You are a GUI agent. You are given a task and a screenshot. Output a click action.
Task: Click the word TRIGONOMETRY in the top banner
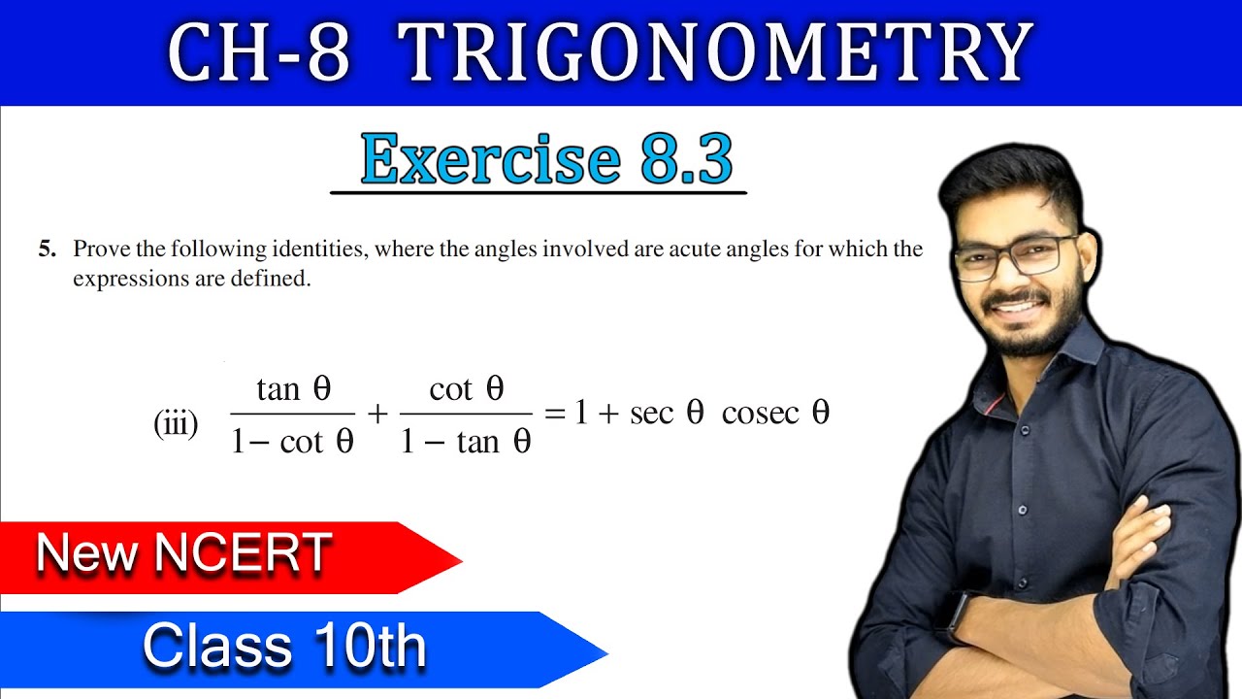pyautogui.click(x=716, y=52)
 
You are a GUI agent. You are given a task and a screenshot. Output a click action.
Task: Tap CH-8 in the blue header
pyautogui.click(x=259, y=52)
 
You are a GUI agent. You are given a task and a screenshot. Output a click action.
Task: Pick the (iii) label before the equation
pyautogui.click(x=176, y=423)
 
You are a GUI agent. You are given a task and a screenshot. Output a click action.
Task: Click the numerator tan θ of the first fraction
pyautogui.click(x=294, y=389)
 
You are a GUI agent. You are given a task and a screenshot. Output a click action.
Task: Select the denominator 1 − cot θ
pyautogui.click(x=293, y=443)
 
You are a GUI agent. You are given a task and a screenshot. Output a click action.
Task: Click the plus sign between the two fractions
pyautogui.click(x=377, y=415)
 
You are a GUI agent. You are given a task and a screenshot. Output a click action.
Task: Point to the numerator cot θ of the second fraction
pyautogui.click(x=467, y=389)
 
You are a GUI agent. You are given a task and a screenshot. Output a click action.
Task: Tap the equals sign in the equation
pyautogui.click(x=555, y=415)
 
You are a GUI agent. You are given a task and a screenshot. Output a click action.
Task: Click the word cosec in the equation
pyautogui.click(x=760, y=414)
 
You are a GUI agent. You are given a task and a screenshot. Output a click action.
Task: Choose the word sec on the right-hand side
pyautogui.click(x=650, y=414)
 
